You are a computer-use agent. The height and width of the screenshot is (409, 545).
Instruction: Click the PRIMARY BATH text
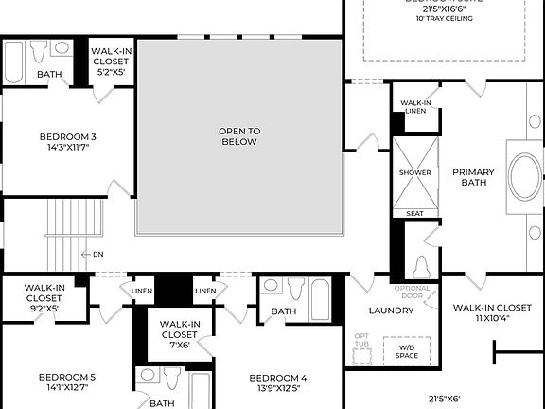coord(473,177)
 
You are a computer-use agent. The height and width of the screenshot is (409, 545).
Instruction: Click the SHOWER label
coord(414,172)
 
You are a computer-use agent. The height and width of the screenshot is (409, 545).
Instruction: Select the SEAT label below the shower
coord(414,214)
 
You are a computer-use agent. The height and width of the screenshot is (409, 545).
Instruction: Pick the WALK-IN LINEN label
coord(416,107)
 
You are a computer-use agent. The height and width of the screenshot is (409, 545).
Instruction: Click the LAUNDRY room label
coord(391,311)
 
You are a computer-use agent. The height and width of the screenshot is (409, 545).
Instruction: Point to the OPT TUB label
coord(361,341)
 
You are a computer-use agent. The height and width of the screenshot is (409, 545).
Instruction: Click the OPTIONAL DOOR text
coord(412,292)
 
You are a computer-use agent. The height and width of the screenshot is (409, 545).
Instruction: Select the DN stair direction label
coord(97,254)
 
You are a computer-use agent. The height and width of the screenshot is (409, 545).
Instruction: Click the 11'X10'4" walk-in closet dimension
coord(491,319)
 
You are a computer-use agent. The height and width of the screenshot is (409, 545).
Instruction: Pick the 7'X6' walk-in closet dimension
coord(179,345)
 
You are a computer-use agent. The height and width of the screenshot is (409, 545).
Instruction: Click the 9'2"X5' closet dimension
coord(44,308)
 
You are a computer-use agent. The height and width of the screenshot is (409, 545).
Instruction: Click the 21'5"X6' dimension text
coord(444,399)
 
